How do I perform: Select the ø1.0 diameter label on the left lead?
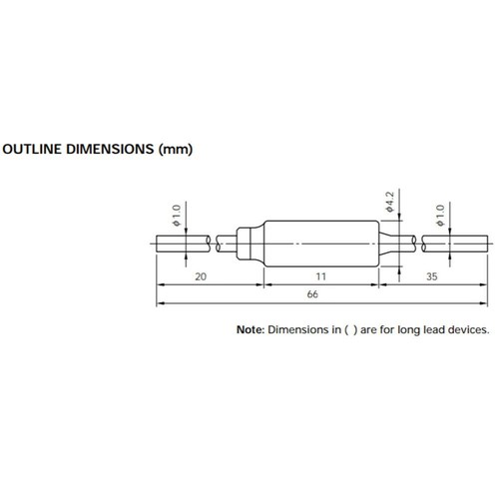[176, 215]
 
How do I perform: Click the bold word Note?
[248, 328]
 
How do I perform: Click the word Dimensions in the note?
[296, 328]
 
